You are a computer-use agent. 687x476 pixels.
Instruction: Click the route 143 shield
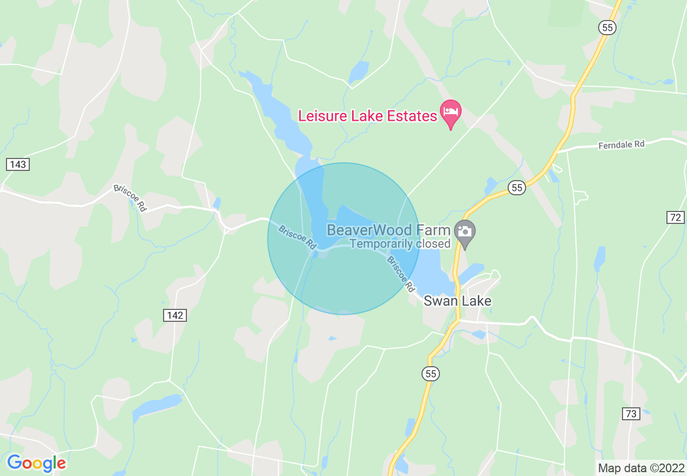click(18, 164)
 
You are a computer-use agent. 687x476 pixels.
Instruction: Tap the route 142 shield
click(176, 315)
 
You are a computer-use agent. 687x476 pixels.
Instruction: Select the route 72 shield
click(675, 217)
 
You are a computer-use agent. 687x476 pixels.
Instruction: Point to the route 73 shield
click(631, 414)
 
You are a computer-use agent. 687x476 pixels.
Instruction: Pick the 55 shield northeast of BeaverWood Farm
click(517, 188)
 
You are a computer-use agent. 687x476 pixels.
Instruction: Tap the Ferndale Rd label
click(621, 145)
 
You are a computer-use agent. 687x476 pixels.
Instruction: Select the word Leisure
click(323, 116)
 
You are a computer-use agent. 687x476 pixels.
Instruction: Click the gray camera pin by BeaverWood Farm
click(464, 233)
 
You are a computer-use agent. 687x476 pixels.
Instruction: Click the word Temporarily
click(380, 243)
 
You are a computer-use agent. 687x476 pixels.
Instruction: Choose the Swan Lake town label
click(457, 301)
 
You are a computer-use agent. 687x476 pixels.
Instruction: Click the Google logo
click(36, 463)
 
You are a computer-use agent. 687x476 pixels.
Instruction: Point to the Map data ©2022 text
click(640, 467)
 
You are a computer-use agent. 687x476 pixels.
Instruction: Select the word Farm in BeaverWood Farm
click(433, 230)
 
